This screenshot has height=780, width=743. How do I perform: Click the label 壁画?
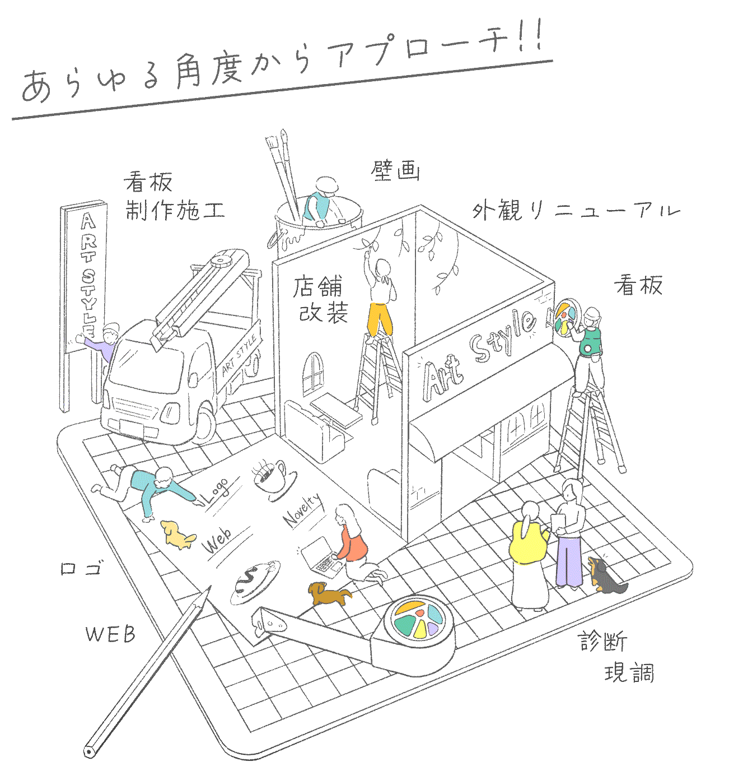tap(395, 170)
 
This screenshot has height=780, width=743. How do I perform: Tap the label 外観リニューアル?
tap(575, 211)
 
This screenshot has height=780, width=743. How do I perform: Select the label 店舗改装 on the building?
tap(321, 300)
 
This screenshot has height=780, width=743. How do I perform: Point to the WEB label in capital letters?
tap(110, 634)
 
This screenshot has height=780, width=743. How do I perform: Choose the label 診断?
tap(603, 641)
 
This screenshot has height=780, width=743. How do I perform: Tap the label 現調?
tap(629, 672)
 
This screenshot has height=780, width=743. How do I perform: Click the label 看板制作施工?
tap(174, 197)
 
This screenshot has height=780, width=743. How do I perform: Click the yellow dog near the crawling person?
tap(177, 535)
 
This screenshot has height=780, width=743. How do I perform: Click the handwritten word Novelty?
tap(303, 510)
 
